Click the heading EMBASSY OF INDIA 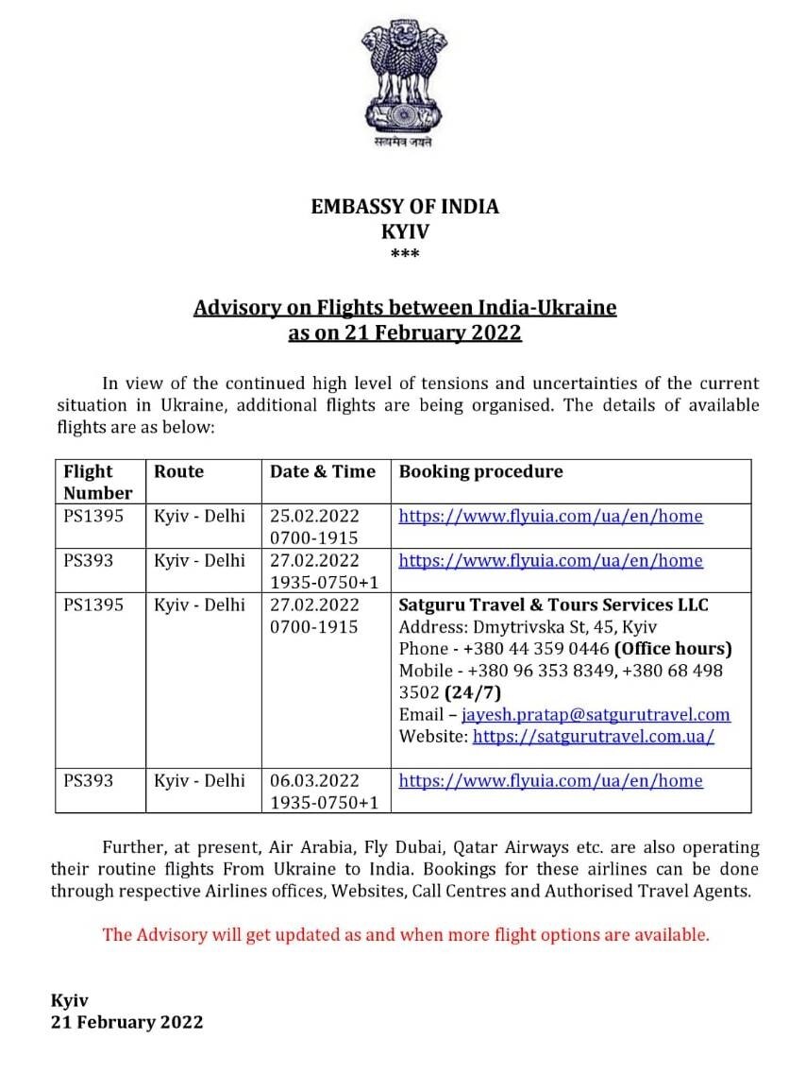[405, 206]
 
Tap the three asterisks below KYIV [405, 254]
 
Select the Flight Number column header [98, 482]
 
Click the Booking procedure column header [480, 471]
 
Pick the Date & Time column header [323, 471]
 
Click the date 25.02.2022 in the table [314, 517]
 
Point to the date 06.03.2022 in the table [314, 781]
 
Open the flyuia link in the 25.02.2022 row [550, 517]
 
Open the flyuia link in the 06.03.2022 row [550, 781]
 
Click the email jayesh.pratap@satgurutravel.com [596, 715]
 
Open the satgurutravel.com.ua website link [593, 737]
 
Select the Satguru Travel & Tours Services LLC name [553, 605]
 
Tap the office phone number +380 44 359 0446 [531, 649]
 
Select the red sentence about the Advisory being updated [406, 935]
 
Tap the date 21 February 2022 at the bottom [126, 1022]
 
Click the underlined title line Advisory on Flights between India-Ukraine [405, 308]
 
